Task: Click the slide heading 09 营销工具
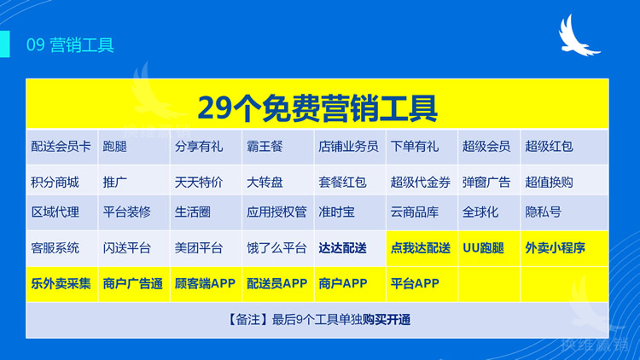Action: (70, 45)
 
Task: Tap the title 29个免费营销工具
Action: (317, 107)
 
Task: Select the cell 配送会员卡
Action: (61, 147)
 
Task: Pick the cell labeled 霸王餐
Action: (265, 147)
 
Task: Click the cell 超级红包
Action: (549, 147)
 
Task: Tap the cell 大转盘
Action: (265, 182)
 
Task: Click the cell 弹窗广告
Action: (486, 182)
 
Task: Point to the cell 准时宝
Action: (337, 212)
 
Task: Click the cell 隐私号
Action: (544, 212)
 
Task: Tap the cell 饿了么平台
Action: (276, 248)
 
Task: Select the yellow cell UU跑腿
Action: (483, 248)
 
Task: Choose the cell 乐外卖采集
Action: (61, 283)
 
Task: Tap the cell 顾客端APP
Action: (205, 283)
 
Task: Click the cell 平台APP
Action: (415, 283)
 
